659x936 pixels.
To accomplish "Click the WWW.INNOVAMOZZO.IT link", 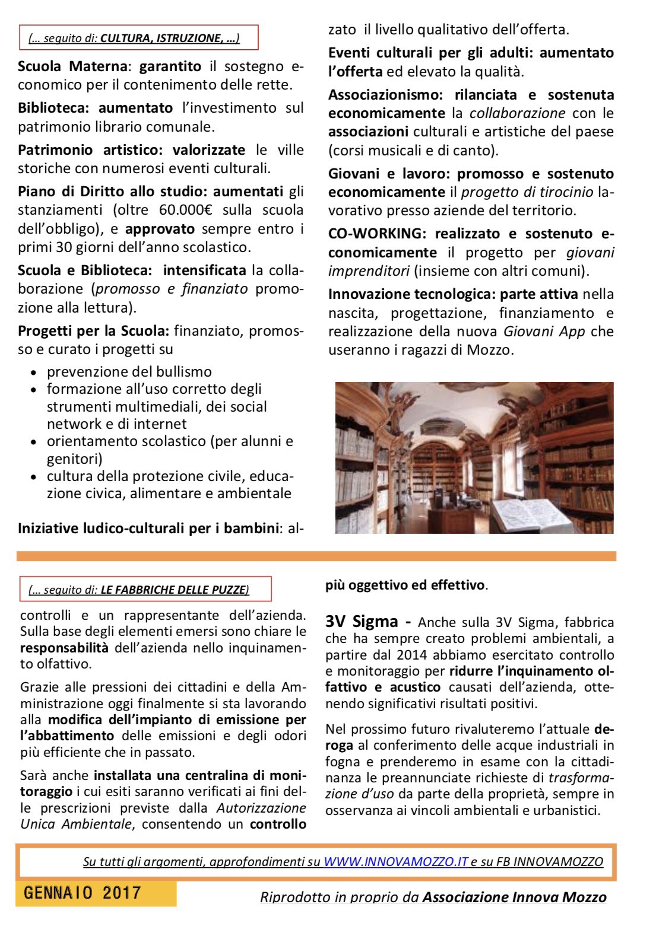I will pos(396,862).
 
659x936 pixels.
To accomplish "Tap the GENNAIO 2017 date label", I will pos(83,893).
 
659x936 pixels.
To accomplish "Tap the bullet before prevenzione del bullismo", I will pos(34,373).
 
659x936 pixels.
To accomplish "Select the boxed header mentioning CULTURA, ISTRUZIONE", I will pos(138,39).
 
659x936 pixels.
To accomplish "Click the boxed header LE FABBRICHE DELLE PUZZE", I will pos(145,590).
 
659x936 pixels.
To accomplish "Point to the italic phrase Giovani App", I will pos(544,331).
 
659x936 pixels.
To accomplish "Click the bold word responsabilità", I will pos(64,648).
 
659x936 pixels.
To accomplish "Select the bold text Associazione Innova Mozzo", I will pos(514,897).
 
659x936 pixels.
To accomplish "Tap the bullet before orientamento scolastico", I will pos(34,442).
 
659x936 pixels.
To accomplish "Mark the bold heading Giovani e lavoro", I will pos(382,174).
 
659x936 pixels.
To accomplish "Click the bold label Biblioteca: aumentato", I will pos(95,108).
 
